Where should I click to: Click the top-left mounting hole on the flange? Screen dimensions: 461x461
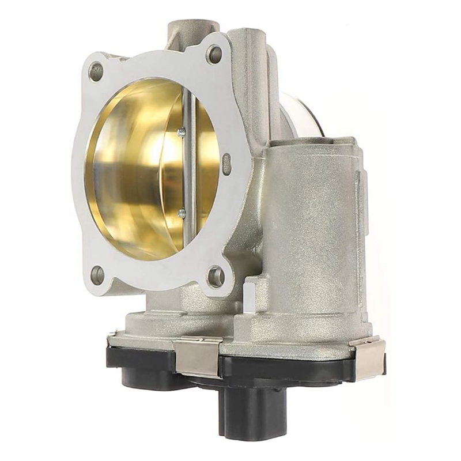coord(96,71)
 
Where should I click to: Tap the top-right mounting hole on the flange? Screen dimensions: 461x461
coord(214,55)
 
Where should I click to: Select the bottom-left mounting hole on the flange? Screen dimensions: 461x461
coord(97,274)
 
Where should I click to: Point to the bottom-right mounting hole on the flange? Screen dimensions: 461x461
coord(216,276)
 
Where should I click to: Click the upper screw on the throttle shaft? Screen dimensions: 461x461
coord(182,132)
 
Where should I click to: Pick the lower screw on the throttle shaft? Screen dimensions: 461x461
coord(182,214)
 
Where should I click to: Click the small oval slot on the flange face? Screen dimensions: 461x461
coord(226,164)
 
